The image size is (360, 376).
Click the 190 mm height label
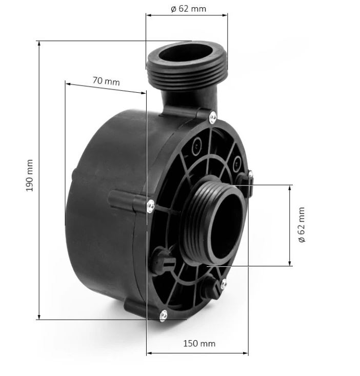[x=29, y=176]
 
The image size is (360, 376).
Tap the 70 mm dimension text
[x=106, y=81]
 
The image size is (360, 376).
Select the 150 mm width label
[x=199, y=343]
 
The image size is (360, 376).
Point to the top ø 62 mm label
[x=188, y=9]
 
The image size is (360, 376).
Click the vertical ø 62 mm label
[x=302, y=225]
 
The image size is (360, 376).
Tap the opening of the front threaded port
[x=226, y=226]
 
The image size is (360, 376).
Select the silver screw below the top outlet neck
[x=213, y=117]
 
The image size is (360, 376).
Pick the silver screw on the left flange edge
[x=150, y=206]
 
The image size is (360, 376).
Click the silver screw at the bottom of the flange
[x=163, y=315]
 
